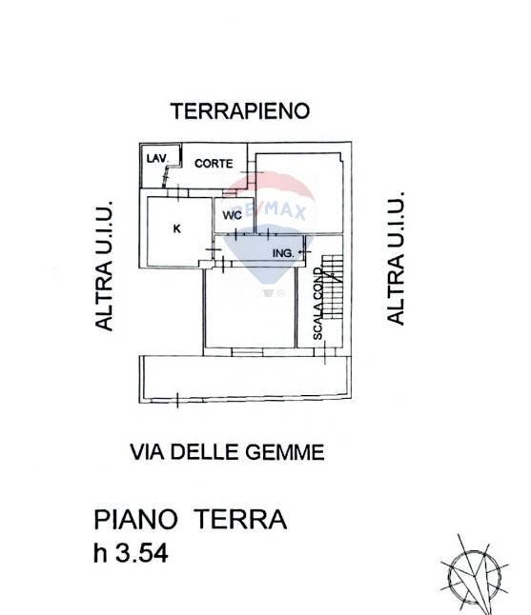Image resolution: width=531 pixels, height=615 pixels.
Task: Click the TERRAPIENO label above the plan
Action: click(x=240, y=111)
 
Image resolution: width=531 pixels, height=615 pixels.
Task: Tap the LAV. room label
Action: click(x=154, y=157)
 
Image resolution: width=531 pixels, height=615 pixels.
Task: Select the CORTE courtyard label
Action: click(x=214, y=164)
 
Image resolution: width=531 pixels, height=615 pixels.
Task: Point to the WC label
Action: click(x=232, y=215)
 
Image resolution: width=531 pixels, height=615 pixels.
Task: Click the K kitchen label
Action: click(x=177, y=228)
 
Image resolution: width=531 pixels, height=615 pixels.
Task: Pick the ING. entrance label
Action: click(x=282, y=252)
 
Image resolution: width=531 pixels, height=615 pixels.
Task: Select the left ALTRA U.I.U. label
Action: click(x=104, y=266)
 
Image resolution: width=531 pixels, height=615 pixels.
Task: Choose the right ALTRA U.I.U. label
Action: click(x=397, y=258)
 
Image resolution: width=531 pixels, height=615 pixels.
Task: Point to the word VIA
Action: click(x=148, y=453)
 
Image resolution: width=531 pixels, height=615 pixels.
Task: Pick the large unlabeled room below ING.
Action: click(x=250, y=309)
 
